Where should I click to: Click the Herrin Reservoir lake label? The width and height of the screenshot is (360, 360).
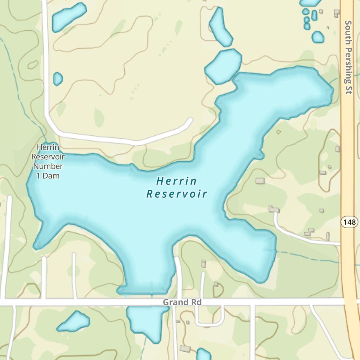[177, 187]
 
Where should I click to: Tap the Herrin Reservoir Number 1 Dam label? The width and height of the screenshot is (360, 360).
[48, 162]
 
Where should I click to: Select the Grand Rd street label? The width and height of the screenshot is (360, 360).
[182, 302]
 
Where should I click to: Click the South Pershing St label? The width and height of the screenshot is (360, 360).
[348, 57]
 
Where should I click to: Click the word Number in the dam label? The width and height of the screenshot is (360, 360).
[48, 166]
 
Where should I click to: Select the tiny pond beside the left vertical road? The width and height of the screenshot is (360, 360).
[58, 79]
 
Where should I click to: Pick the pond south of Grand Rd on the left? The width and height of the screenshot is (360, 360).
[74, 321]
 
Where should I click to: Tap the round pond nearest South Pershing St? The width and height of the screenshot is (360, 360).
[318, 37]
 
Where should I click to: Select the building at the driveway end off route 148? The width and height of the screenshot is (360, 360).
[274, 209]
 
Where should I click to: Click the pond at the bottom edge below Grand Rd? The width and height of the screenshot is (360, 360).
[204, 354]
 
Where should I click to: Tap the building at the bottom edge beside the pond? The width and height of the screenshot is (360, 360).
[185, 348]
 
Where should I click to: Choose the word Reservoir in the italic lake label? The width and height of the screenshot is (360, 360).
[177, 194]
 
